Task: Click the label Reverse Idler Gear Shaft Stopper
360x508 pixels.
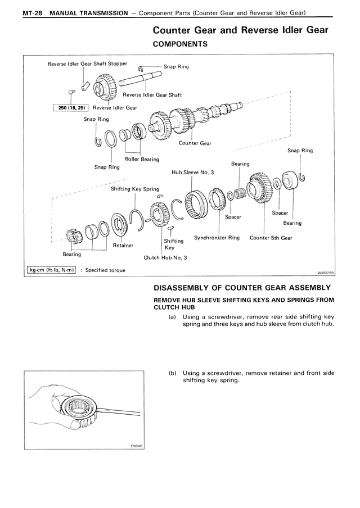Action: tap(87, 63)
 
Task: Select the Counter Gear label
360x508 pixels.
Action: tap(195, 143)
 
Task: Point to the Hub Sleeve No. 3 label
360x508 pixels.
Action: tap(193, 173)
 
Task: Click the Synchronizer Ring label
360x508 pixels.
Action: tap(217, 238)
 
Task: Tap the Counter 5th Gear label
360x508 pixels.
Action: tap(271, 238)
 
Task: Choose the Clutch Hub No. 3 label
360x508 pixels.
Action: tap(165, 258)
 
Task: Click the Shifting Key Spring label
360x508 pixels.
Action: tap(134, 189)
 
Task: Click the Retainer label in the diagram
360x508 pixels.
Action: tap(123, 245)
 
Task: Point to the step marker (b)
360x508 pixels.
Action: tap(173, 373)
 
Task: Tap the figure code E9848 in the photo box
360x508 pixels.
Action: tap(137, 446)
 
